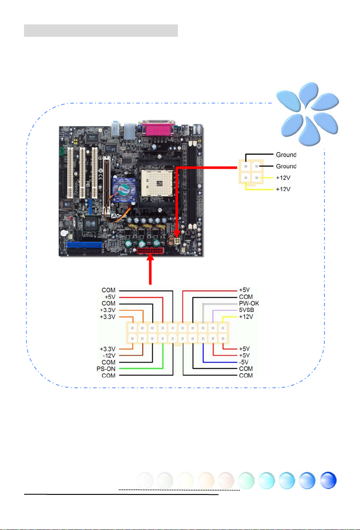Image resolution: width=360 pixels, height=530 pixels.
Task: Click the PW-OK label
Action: click(249, 303)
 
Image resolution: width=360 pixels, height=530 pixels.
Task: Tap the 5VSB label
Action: click(246, 310)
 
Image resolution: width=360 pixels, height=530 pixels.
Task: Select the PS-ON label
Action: click(106, 369)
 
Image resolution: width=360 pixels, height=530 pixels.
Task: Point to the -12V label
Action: click(109, 356)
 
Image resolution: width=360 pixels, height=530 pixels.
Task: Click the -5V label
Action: click(243, 362)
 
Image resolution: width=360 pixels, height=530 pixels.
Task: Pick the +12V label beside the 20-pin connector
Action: click(246, 317)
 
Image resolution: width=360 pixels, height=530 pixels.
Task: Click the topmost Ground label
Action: click(286, 155)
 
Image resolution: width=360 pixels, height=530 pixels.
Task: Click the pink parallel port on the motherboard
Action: click(158, 130)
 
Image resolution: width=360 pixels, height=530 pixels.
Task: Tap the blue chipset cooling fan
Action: click(124, 190)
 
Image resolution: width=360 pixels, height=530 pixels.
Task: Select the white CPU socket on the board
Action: click(157, 183)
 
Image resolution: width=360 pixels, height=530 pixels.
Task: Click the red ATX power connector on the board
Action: click(150, 251)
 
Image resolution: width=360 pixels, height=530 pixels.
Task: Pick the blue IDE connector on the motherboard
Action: click(84, 245)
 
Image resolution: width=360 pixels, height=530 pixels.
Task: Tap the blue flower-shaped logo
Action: click(308, 114)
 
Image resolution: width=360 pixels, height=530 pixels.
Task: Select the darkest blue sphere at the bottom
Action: click(328, 480)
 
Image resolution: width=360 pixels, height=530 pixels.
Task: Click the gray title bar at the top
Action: click(101, 30)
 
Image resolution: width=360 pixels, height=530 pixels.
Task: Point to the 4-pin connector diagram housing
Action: click(251, 171)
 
